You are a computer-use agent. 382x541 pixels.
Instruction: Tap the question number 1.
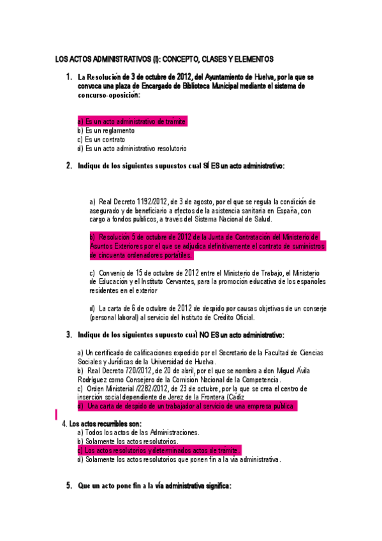(x=69, y=77)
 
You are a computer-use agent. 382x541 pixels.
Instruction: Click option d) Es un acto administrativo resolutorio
(x=131, y=149)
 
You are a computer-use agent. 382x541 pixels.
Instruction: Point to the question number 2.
(x=69, y=166)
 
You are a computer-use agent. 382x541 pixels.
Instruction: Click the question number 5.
(x=69, y=485)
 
